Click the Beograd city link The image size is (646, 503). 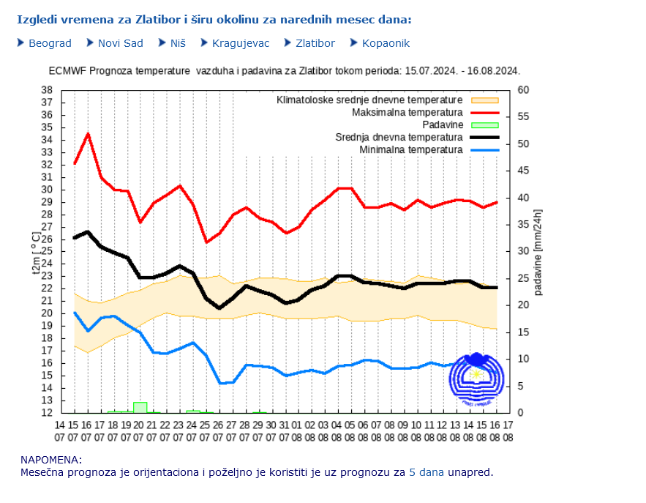pos(50,43)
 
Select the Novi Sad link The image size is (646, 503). pos(120,43)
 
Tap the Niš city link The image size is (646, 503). pos(178,43)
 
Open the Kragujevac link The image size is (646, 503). pos(241,43)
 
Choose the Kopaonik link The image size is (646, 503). pos(386,43)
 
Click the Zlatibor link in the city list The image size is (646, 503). pos(315,43)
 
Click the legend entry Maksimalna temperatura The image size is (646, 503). pos(407,113)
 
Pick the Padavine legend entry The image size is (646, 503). pos(442,125)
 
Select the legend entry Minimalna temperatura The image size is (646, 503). pos(411,150)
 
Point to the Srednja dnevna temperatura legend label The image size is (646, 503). pos(399,138)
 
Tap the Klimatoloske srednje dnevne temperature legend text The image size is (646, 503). pos(369,100)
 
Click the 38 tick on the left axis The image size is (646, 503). pos(46,90)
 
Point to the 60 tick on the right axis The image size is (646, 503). pos(523,90)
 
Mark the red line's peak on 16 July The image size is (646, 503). pos(88,133)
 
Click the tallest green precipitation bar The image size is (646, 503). pos(140,407)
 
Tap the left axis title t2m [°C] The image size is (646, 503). pos(37,252)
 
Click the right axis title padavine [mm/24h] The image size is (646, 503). pos(538,252)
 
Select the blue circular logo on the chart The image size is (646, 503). pos(477,379)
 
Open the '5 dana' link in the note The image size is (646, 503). pos(426,472)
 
